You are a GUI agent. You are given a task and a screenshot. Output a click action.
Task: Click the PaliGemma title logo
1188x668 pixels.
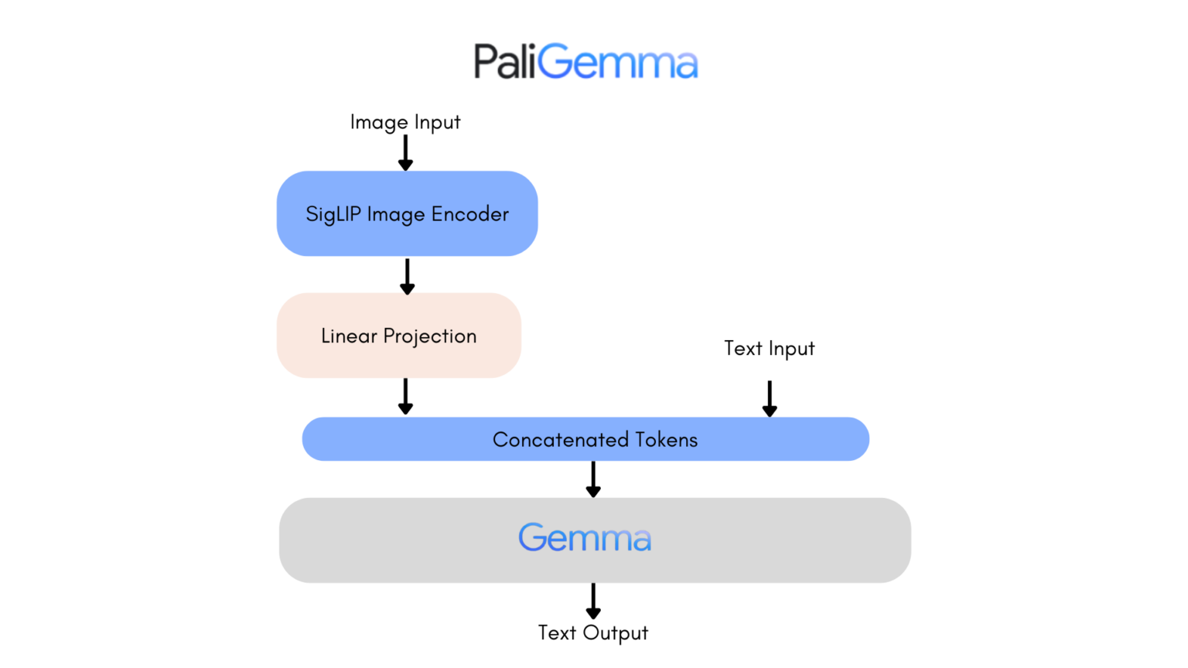point(585,62)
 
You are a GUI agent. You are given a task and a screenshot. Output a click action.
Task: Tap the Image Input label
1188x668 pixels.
point(405,122)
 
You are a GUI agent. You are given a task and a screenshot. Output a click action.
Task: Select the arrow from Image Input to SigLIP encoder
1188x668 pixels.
point(405,152)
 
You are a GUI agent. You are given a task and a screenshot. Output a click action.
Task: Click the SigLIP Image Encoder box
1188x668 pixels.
point(407,213)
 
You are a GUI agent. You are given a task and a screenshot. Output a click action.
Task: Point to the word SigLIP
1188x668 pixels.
point(333,214)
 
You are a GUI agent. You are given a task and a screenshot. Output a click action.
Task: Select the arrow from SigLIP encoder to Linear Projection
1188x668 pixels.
point(407,276)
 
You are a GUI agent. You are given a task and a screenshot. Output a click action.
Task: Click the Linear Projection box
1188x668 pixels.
point(399,336)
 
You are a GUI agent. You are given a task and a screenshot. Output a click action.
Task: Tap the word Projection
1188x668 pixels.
point(430,336)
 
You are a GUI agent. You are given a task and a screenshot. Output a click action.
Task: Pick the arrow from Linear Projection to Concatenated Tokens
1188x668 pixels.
point(405,396)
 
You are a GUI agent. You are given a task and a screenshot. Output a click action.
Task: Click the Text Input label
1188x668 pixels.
point(769,349)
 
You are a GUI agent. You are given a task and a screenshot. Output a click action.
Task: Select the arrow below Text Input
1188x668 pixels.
point(769,398)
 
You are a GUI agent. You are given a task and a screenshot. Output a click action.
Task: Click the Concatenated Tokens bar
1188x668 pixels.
point(585,439)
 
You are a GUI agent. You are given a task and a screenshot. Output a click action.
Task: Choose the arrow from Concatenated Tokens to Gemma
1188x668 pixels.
point(593,479)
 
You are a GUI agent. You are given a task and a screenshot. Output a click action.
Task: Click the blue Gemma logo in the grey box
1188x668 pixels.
point(585,538)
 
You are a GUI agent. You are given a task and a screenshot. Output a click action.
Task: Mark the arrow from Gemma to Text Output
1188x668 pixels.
point(593,601)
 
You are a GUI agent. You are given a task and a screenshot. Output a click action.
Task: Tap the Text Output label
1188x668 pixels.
point(592,633)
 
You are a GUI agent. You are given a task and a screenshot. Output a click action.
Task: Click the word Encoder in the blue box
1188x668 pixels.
point(470,214)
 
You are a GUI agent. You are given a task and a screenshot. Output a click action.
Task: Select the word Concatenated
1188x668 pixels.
point(560,439)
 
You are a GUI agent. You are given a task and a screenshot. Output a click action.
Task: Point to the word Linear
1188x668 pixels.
point(349,336)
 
